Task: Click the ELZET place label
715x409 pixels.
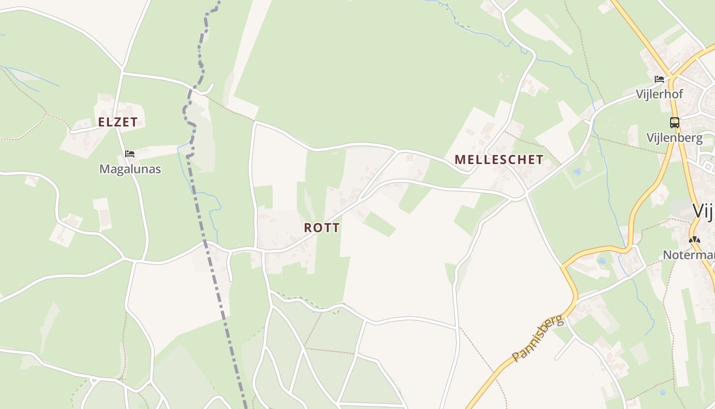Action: (117, 122)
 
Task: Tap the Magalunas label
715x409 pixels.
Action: (130, 169)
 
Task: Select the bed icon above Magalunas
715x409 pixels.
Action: (130, 153)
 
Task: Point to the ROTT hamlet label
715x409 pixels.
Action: (322, 228)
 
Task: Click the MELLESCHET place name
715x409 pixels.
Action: (499, 160)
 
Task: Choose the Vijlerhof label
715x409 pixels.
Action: (659, 94)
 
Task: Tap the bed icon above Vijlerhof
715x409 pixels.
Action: (659, 79)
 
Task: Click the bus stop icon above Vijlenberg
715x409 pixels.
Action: (675, 123)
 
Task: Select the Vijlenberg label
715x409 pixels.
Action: (674, 138)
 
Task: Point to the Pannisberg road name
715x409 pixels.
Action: (538, 339)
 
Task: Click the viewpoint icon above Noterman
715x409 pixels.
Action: (694, 239)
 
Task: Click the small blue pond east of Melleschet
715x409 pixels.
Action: (577, 172)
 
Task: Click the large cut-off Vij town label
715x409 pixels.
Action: (704, 211)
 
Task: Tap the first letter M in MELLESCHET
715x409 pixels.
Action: (459, 160)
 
